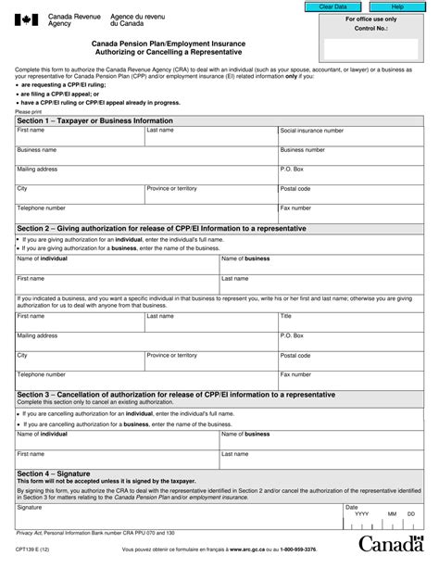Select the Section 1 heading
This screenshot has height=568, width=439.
click(x=82, y=120)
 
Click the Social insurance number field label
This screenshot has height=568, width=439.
click(x=311, y=131)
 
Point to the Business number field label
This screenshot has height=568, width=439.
click(x=302, y=149)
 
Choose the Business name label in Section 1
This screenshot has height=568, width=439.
click(x=37, y=149)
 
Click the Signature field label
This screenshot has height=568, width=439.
click(x=30, y=508)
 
